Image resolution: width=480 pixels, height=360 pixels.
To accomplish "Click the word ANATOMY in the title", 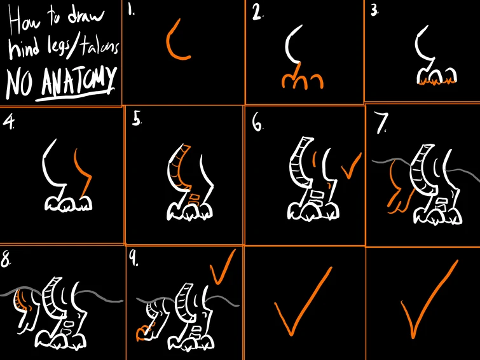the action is [79, 81].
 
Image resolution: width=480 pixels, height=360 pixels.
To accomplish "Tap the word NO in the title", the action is [19, 83].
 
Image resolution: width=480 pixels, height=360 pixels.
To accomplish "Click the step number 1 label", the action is [132, 11].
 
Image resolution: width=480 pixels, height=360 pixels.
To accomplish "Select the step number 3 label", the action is [374, 11].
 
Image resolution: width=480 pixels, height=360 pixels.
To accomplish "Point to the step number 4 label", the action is [8, 123].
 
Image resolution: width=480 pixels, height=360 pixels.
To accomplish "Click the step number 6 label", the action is [257, 124].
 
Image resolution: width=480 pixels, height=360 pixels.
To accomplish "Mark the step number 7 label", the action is [381, 123].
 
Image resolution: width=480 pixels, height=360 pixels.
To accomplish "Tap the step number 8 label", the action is [6, 260].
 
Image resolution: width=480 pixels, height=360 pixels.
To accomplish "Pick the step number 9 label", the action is [134, 260].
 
